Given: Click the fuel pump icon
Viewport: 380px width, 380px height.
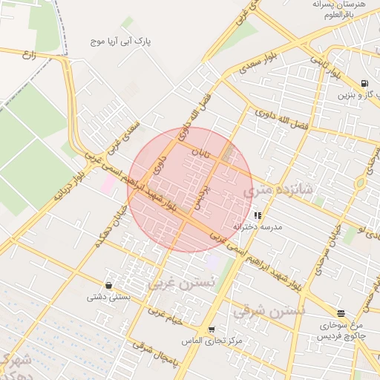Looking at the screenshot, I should click(x=363, y=83).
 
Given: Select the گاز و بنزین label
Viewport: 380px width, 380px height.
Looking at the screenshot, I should click(x=355, y=95).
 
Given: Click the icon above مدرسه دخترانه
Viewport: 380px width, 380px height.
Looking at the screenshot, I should click(x=258, y=215).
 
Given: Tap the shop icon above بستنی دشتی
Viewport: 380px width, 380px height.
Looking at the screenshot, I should click(x=109, y=285).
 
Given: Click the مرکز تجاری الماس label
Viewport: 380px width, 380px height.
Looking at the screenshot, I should click(x=212, y=341).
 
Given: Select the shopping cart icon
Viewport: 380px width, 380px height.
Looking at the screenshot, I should click(x=212, y=329).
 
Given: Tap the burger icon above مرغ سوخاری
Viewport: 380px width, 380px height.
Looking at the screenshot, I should click(x=341, y=314).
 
